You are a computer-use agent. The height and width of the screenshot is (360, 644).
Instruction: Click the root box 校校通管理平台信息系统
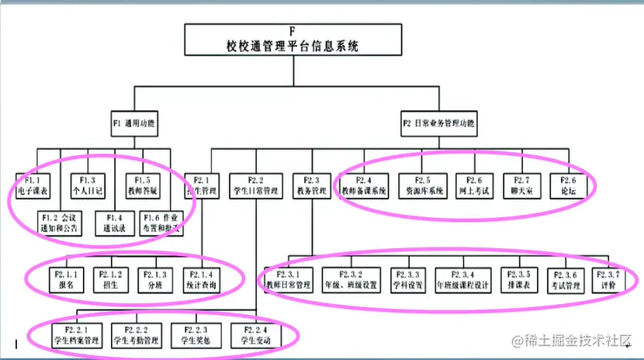coord(293,40)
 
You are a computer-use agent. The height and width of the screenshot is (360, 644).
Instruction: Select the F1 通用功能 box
coord(133,123)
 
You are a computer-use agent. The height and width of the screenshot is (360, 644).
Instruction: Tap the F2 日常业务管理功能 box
coord(438,123)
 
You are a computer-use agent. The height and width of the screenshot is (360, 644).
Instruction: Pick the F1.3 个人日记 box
coord(87,185)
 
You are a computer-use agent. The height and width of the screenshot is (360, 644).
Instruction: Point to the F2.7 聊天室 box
coord(518,185)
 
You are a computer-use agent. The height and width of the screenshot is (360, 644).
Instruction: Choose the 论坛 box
coord(564,185)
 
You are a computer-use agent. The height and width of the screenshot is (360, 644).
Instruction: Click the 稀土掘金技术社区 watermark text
coord(573,342)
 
